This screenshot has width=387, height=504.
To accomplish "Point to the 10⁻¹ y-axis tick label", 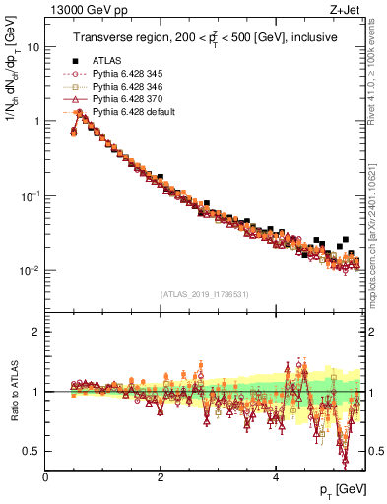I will pos(30,195).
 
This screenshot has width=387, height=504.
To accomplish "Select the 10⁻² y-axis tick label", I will pos(30,270).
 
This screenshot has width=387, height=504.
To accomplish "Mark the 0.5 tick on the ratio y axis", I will pos(32,451).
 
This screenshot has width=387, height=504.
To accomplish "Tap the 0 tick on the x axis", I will pos(46,477).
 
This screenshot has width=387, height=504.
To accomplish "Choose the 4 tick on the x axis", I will pos(276,477).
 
